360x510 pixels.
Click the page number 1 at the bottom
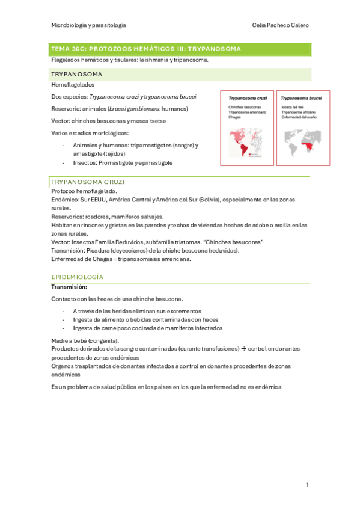coord(307,485)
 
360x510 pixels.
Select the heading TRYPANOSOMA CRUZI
coord(88,181)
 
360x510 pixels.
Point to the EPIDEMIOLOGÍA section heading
coord(78,277)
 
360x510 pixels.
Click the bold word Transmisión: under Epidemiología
coord(69,287)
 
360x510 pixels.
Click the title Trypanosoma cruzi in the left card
coord(246,97)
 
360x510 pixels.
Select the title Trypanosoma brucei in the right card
coord(301,97)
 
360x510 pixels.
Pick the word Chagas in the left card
coord(236,118)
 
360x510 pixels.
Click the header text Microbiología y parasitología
coord(88,25)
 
